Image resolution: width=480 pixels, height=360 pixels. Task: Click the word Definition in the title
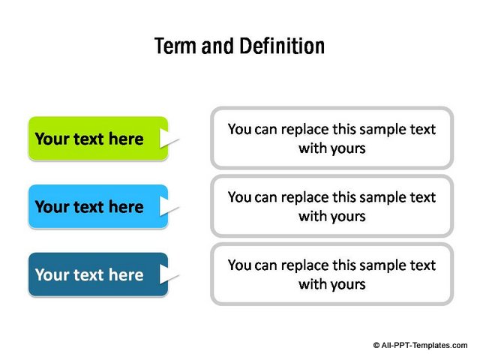[282, 46]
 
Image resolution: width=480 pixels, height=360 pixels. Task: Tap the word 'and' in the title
[217, 46]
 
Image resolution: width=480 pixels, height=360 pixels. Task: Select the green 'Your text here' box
[98, 138]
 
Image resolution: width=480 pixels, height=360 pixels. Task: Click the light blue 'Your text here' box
[98, 206]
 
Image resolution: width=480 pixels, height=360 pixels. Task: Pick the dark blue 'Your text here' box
[98, 274]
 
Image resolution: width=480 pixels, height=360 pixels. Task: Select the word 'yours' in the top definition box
[348, 149]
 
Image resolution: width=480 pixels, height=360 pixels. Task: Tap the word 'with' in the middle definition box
[313, 216]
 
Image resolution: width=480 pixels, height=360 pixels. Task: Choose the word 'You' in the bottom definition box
[240, 265]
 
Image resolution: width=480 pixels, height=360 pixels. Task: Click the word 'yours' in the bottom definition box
[348, 285]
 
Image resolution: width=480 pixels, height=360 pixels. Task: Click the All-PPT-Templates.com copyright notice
[420, 345]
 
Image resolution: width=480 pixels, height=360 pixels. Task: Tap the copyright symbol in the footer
[376, 346]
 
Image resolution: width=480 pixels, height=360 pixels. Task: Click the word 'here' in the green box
[126, 139]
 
